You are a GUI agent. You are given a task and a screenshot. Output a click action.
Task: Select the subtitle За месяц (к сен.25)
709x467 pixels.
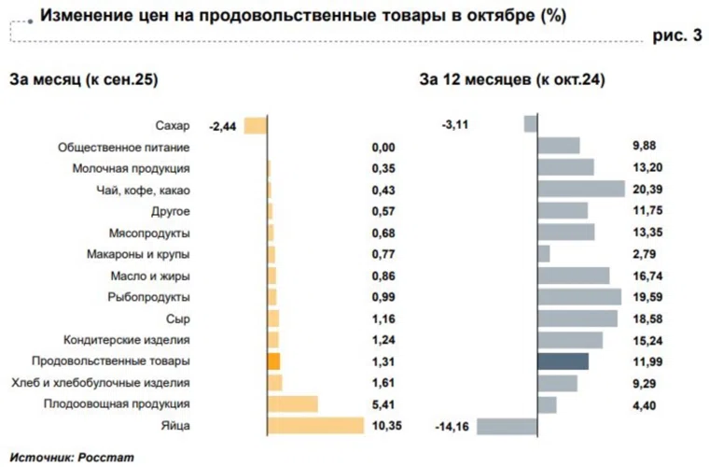pos(84,80)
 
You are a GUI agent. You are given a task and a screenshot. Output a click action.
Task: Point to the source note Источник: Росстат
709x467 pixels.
pos(72,458)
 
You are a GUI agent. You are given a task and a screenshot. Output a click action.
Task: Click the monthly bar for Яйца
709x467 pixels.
pos(315,426)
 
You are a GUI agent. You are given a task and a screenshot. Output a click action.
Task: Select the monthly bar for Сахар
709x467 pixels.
pos(256,125)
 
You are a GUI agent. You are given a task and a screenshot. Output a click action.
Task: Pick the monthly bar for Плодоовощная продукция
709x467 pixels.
pos(292,404)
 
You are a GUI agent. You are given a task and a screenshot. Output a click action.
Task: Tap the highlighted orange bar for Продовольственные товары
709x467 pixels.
pos(273,361)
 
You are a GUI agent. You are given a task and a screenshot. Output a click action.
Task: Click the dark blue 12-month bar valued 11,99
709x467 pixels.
pos(563,361)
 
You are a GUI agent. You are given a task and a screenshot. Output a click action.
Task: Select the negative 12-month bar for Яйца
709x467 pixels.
pos(507,426)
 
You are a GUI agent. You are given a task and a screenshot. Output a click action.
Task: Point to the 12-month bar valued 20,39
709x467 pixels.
pos(580,190)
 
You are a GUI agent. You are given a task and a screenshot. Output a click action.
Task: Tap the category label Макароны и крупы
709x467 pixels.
pos(139,254)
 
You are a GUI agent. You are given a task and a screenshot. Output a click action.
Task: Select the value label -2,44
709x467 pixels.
pos(224,125)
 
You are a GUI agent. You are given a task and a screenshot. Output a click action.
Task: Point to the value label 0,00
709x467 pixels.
pos(383,147)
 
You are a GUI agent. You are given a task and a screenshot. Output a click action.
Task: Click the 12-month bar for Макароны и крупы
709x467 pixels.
pos(544,254)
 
